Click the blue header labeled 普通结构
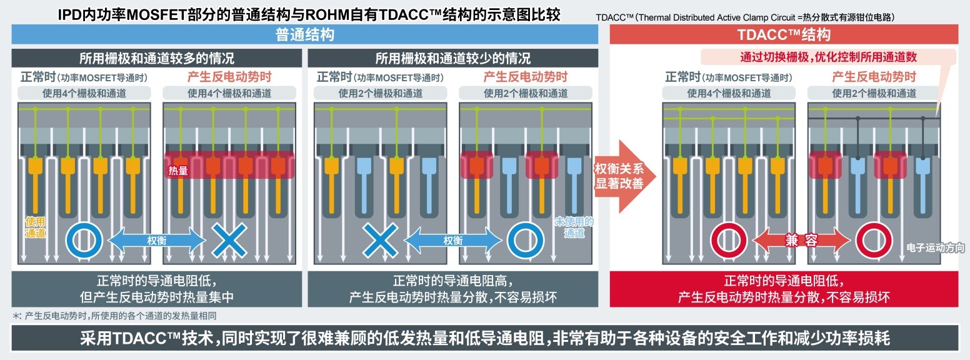coord(305,34)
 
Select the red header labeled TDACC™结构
coord(783,34)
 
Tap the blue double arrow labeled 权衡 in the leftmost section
coord(157,240)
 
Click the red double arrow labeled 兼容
coord(801,240)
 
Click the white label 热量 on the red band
coord(177,170)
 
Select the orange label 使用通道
coord(35,227)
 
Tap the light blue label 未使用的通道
coord(573,227)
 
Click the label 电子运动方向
coord(935,248)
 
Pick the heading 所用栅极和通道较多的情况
coord(156,59)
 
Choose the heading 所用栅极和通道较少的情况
coord(452,59)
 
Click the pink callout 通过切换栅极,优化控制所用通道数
coord(828,57)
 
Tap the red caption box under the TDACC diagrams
coord(783,289)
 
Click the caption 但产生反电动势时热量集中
coord(156,297)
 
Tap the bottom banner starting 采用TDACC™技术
coord(485,338)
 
